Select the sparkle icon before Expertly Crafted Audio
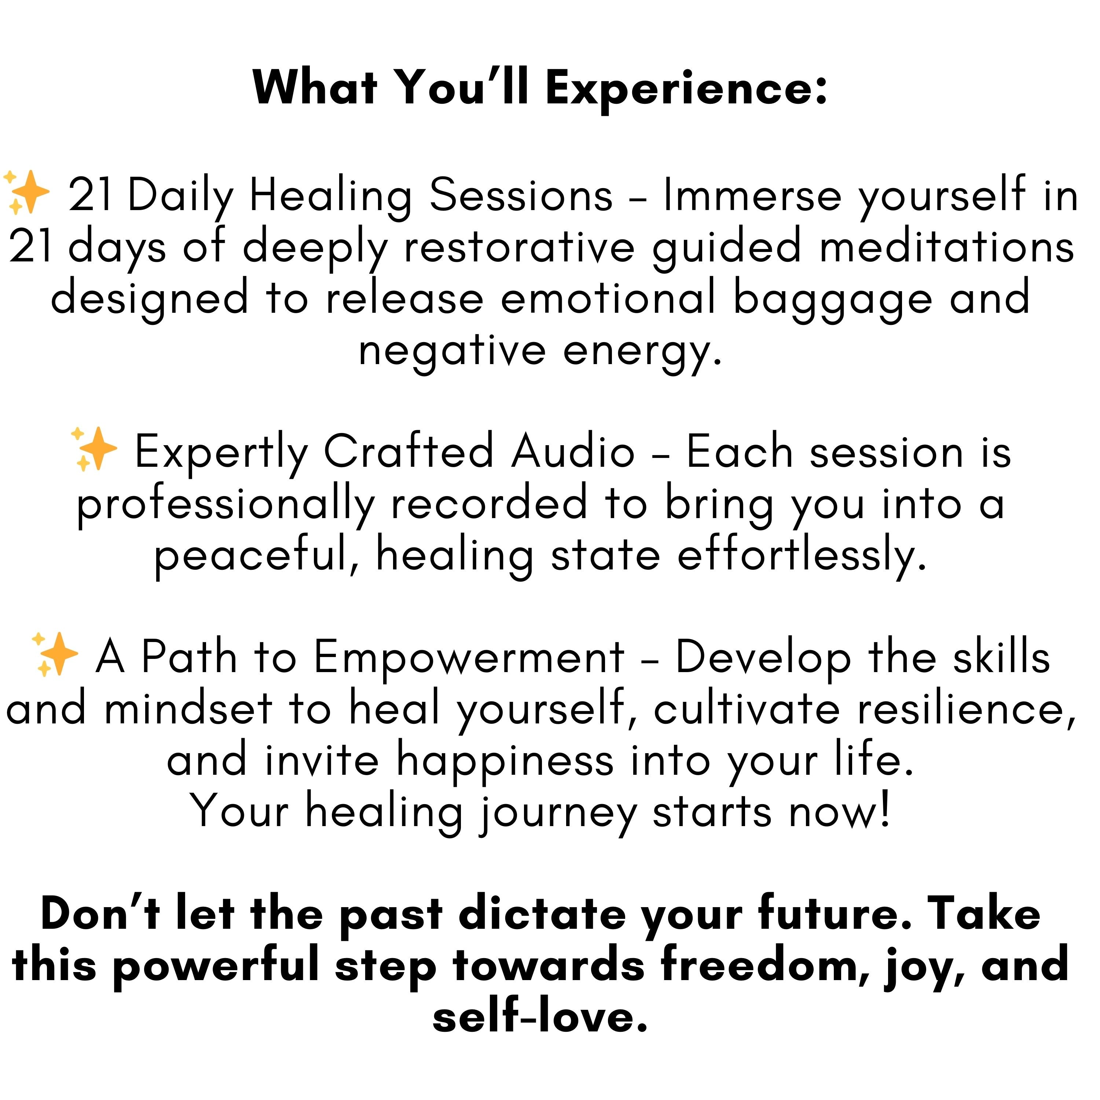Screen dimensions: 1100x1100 (x=94, y=449)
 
